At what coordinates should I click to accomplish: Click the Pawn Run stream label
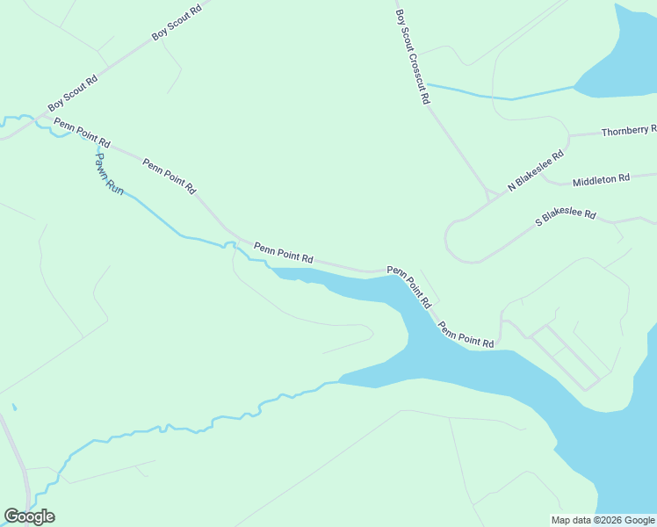coord(110,173)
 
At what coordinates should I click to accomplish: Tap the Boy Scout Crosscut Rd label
coord(413,57)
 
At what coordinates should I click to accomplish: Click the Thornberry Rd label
coord(628,131)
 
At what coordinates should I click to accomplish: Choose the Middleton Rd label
coord(601,180)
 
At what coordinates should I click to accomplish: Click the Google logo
coord(29,516)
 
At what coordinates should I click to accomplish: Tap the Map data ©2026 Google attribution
coord(603,520)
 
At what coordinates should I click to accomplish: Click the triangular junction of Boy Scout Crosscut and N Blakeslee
coord(488,195)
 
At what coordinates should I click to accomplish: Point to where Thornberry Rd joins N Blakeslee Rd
coord(569,136)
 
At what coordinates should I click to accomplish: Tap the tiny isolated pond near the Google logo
coord(14,407)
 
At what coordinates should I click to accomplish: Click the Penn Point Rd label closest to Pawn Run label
coord(82,132)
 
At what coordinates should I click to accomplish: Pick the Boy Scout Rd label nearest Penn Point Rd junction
coord(73,93)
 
